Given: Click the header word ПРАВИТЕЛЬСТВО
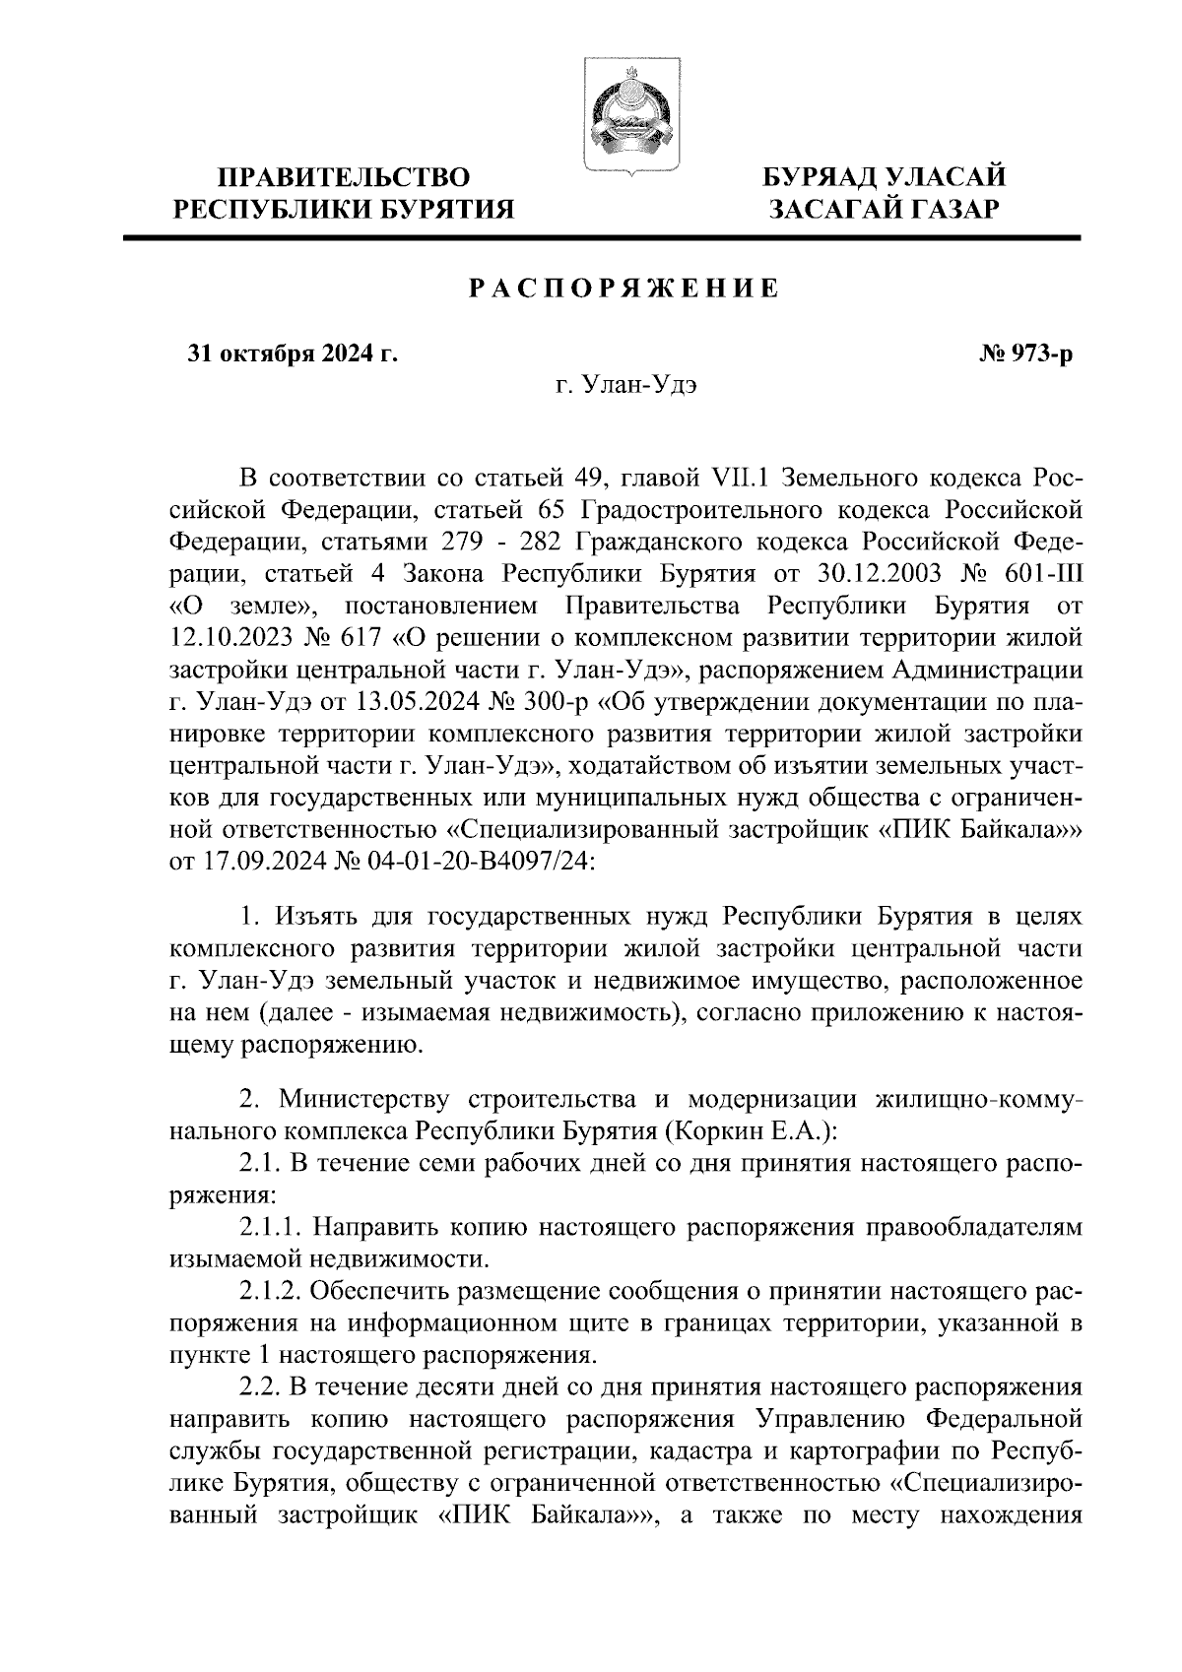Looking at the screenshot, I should (x=343, y=177).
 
